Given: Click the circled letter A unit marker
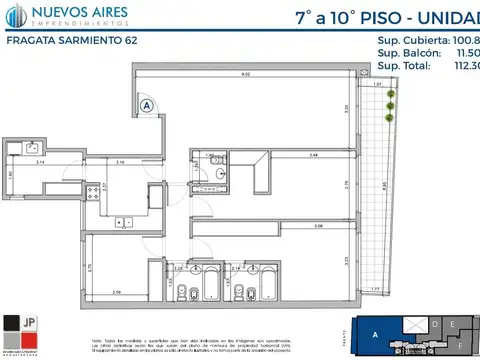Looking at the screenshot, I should tap(147, 104).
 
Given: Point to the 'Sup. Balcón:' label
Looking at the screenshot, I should tap(404, 53).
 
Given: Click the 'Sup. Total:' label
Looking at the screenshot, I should tap(404, 66).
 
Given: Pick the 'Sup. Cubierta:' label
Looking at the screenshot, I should tap(410, 41).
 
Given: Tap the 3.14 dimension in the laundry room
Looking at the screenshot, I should tap(39, 161).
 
